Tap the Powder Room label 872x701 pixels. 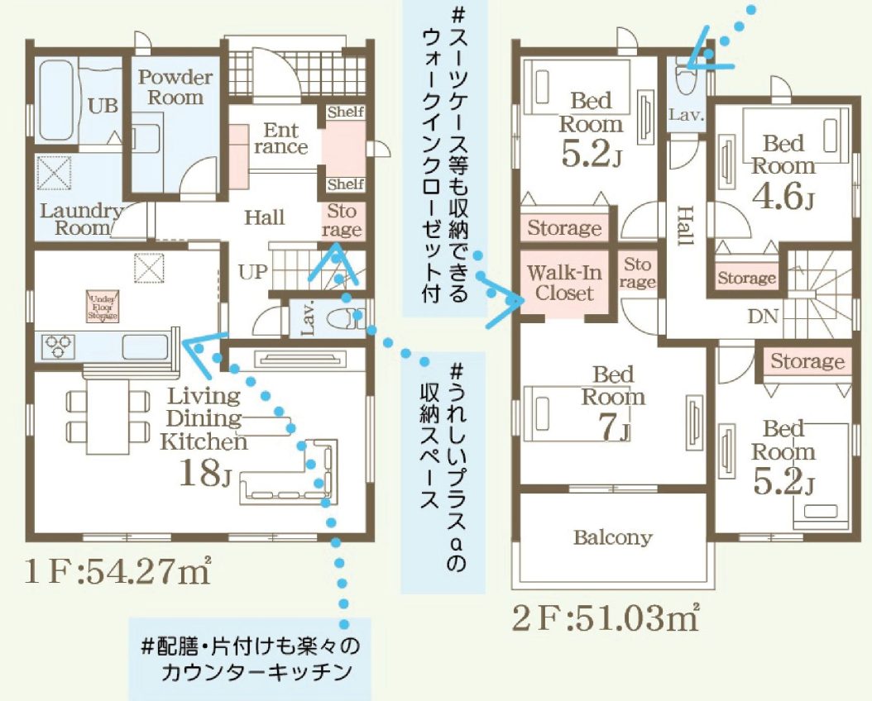[x=175, y=87]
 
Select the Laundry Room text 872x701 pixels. [x=81, y=219]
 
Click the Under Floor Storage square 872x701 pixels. [x=103, y=306]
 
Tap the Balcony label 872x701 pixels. [x=612, y=537]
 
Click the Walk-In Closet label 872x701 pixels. [x=566, y=282]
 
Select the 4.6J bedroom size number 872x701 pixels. [x=782, y=199]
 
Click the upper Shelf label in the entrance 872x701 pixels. [x=345, y=112]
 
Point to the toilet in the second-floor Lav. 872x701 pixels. [x=685, y=81]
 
